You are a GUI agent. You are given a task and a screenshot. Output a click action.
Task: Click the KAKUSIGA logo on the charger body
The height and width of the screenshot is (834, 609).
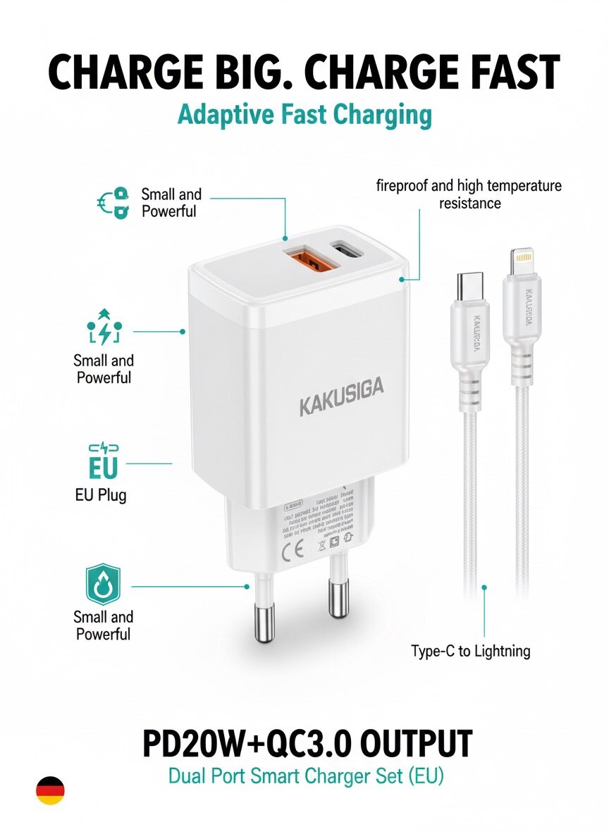[x=342, y=406]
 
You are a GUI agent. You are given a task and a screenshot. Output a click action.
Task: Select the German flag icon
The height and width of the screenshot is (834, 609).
[x=50, y=790]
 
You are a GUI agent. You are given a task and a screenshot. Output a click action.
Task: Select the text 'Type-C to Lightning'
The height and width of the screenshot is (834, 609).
[x=470, y=651]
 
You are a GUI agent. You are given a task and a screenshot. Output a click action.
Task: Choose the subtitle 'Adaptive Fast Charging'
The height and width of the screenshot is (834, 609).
[x=304, y=114]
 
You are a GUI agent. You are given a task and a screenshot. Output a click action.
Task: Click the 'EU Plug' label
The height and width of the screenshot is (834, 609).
[x=101, y=495]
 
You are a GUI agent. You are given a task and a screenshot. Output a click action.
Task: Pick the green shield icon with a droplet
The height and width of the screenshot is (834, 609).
[x=103, y=584]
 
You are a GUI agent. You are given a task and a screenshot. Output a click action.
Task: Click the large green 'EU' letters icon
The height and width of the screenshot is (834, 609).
[x=103, y=468]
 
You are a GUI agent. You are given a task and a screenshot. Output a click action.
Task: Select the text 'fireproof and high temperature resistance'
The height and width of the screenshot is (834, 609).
[x=469, y=194]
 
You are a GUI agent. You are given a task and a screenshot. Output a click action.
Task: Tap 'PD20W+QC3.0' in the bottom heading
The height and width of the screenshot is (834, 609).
[x=236, y=744]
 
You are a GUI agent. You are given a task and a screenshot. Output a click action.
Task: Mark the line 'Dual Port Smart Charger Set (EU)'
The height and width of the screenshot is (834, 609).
[x=306, y=777]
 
